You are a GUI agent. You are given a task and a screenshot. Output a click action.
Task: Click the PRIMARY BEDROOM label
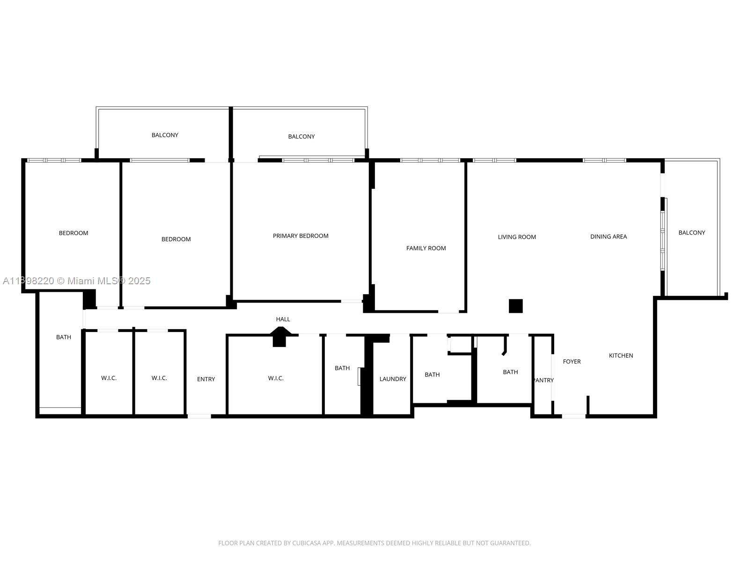tap(300, 236)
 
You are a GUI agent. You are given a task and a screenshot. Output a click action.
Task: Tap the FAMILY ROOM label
tap(426, 248)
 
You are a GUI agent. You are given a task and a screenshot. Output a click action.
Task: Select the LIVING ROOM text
tap(517, 237)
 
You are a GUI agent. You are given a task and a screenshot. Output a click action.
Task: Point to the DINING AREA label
tap(609, 237)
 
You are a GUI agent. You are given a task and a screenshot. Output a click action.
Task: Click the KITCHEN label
tap(621, 355)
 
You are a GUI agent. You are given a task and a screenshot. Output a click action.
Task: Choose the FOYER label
tap(572, 362)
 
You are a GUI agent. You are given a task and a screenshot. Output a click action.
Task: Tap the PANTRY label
tap(543, 380)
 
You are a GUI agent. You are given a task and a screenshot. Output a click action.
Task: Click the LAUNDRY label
tap(393, 379)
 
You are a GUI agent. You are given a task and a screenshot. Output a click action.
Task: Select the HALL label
tap(283, 319)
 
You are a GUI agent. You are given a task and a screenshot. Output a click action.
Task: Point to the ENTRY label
tap(206, 379)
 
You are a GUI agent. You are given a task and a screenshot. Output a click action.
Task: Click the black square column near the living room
tap(515, 306)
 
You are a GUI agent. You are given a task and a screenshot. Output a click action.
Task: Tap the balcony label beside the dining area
tap(691, 233)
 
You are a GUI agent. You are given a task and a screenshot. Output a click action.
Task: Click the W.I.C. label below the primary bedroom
tap(276, 378)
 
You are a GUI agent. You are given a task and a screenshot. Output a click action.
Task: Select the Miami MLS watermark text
tap(76, 281)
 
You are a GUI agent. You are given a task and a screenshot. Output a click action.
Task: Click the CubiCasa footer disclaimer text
tap(374, 543)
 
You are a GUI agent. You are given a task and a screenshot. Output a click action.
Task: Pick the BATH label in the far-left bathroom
tap(64, 337)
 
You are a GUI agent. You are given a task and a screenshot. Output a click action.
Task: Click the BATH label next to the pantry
tap(510, 372)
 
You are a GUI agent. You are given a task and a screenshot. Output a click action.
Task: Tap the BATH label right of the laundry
tap(432, 375)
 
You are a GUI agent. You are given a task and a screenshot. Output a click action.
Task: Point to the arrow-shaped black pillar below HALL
tap(280, 337)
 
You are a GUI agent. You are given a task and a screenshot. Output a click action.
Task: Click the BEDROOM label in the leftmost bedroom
tap(73, 233)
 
